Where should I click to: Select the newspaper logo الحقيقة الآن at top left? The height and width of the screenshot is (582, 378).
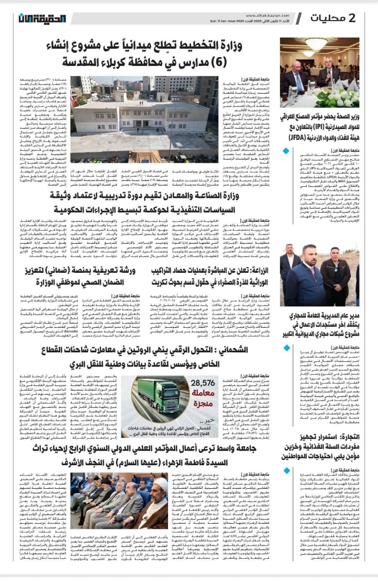pos(43,18)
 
